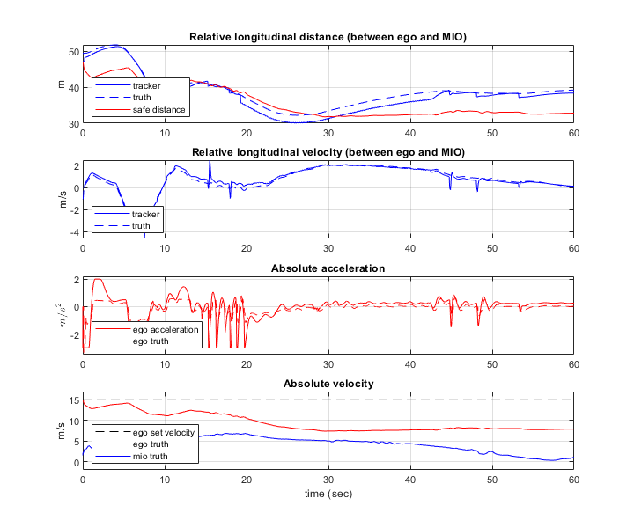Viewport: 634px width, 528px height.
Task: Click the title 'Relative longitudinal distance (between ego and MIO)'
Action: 328,36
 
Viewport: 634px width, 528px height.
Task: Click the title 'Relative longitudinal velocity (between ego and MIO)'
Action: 328,152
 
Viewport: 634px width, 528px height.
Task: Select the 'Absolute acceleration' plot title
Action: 328,268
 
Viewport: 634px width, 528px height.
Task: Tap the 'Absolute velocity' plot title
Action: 328,384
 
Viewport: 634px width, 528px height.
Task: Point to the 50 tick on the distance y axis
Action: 73,52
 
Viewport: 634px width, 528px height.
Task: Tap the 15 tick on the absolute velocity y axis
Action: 73,400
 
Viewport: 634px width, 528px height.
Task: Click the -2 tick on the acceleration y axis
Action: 73,335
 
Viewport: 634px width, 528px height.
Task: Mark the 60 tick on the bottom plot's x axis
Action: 573,480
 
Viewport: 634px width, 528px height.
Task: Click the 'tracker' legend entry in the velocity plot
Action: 145,214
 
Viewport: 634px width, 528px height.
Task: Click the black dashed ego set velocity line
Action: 352,400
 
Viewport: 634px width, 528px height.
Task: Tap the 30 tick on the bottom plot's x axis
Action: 328,480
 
